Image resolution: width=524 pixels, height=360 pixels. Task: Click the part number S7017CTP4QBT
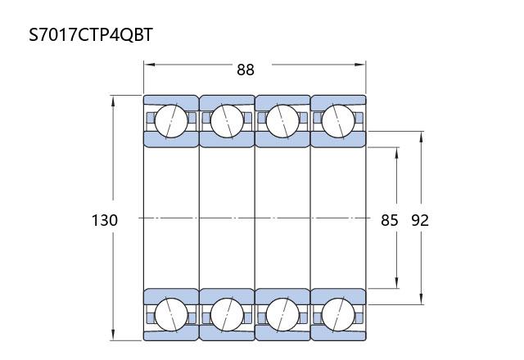pos(91,34)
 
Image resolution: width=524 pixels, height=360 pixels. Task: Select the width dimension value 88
pos(246,70)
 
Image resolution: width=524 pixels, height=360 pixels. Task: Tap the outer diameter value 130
pos(105,220)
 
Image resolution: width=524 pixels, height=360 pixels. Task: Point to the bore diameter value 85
pos(390,220)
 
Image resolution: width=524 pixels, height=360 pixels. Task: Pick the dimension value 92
pos(420,220)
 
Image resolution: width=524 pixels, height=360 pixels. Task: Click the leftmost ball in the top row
pos(171,121)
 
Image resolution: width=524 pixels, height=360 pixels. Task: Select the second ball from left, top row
pos(227,121)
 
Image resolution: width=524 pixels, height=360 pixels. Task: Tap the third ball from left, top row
pos(282,121)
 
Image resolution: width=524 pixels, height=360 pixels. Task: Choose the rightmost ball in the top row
pos(338,121)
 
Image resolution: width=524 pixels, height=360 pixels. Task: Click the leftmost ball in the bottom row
pos(171,314)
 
